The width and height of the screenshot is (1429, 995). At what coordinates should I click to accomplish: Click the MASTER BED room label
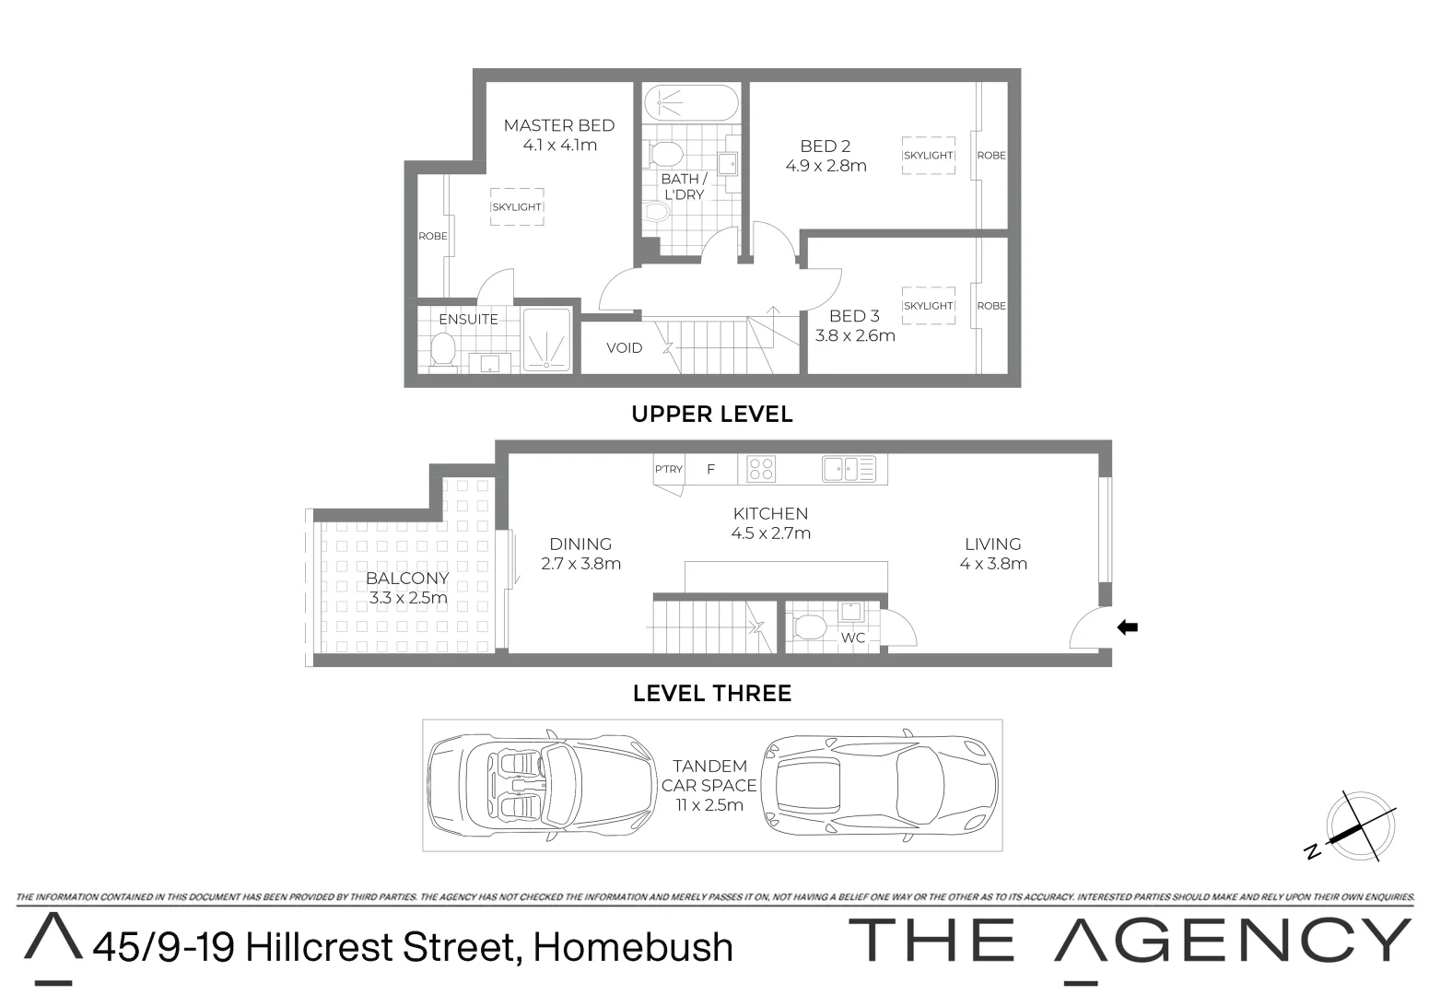[x=558, y=125]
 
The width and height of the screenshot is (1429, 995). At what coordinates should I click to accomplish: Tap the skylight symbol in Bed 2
[x=928, y=155]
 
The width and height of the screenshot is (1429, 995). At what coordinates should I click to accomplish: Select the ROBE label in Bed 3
[x=991, y=306]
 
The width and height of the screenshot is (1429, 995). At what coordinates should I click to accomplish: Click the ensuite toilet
[x=443, y=350]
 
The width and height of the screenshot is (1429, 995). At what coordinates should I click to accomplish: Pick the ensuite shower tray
[x=547, y=339]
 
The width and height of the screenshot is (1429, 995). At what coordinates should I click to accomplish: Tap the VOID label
[x=624, y=347]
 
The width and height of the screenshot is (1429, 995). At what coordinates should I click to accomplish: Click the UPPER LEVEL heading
[x=711, y=415]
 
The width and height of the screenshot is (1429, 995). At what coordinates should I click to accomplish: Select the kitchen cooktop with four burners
[x=761, y=469]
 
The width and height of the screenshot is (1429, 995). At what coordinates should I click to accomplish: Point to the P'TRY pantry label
[x=669, y=469]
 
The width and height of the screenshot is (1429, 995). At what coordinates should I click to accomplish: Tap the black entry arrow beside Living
[x=1127, y=627]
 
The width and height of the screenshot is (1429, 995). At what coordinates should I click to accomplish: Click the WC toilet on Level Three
[x=810, y=627]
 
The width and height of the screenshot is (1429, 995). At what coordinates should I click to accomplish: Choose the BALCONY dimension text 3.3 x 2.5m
[x=408, y=598]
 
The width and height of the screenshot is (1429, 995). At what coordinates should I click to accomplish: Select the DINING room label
[x=580, y=544]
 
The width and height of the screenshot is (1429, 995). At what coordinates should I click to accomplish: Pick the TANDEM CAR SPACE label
[x=709, y=776]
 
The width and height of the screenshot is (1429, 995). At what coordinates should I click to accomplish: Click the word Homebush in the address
[x=633, y=947]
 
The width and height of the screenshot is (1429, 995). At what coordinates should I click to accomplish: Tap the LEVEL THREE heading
[x=711, y=693]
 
